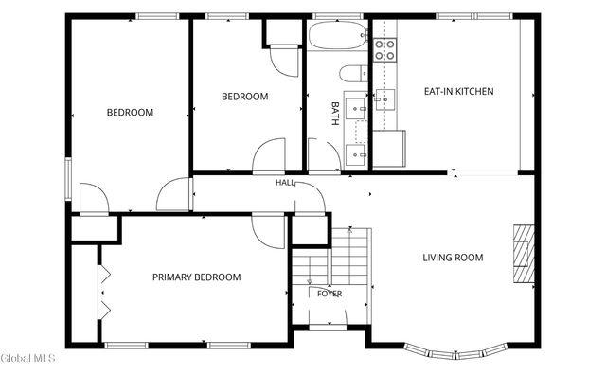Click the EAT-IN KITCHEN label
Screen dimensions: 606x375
tap(458, 91)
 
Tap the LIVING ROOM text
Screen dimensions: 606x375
tap(453, 258)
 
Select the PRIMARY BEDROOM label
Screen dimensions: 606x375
tap(196, 277)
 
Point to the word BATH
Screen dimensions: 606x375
tap(335, 114)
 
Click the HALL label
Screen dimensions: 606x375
tap(285, 183)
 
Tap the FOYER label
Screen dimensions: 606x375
tap(330, 294)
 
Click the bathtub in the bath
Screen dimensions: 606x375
tap(338, 35)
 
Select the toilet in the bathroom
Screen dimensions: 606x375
tap(353, 74)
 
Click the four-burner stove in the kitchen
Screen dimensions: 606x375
tap(385, 50)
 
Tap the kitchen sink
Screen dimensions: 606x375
tap(385, 99)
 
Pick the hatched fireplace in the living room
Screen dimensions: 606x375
tap(524, 254)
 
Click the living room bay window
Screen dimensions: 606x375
tap(455, 352)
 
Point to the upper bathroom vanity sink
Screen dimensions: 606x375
tap(355, 109)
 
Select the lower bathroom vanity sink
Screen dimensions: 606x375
tap(355, 154)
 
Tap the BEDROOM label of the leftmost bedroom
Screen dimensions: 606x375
tap(130, 113)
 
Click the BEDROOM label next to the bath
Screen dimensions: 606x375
tap(244, 97)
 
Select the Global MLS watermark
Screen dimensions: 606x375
tap(27, 358)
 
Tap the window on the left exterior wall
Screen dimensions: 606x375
tap(68, 179)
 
